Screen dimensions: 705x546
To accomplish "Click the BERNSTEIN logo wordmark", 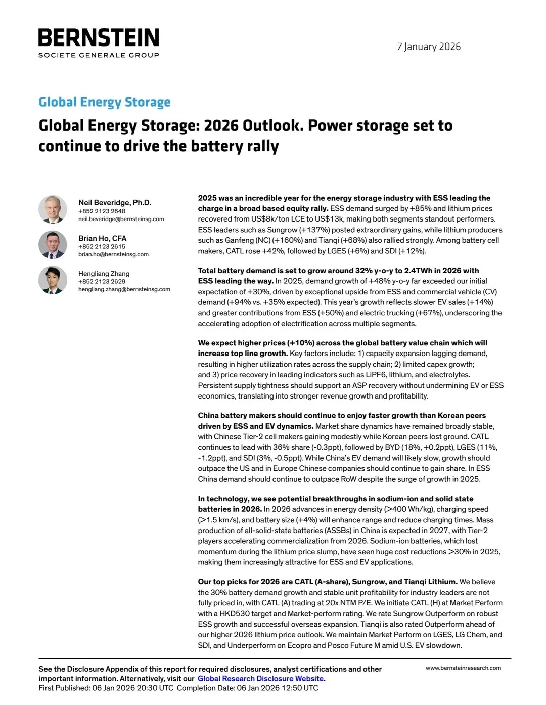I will [99, 38].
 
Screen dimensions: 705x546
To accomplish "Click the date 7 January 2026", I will [429, 47].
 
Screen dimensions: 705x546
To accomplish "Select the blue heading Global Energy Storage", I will [105, 102].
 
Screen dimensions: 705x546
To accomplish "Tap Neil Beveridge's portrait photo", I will [53, 209].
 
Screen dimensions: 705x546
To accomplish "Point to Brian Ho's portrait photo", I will [53, 245].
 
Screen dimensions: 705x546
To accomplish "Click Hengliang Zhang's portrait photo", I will [53, 280].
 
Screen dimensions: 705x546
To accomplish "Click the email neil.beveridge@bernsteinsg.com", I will [121, 219].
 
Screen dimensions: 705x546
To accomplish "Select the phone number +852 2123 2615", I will [102, 246].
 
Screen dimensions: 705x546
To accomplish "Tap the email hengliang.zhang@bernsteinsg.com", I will [124, 289].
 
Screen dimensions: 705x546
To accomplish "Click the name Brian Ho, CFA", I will [102, 238].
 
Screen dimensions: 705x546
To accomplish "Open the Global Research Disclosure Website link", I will [260, 679].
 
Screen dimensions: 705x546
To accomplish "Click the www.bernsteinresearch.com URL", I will [463, 668].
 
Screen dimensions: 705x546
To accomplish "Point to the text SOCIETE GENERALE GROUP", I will [99, 55].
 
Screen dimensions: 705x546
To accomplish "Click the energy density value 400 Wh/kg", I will [412, 509].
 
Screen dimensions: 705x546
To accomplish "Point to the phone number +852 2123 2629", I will [102, 281].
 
